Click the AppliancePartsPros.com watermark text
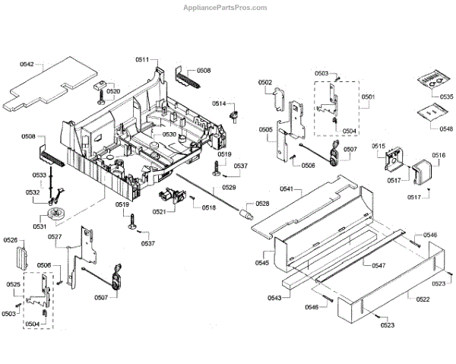pyautogui.click(x=227, y=8)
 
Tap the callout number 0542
pyautogui.click(x=26, y=66)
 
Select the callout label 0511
pyautogui.click(x=143, y=59)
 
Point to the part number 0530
pyautogui.click(x=169, y=135)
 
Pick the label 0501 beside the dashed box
pyautogui.click(x=369, y=97)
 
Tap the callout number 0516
pyautogui.click(x=439, y=156)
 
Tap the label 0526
pyautogui.click(x=10, y=241)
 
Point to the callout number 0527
pyautogui.click(x=55, y=237)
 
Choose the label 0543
pyautogui.click(x=274, y=297)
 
